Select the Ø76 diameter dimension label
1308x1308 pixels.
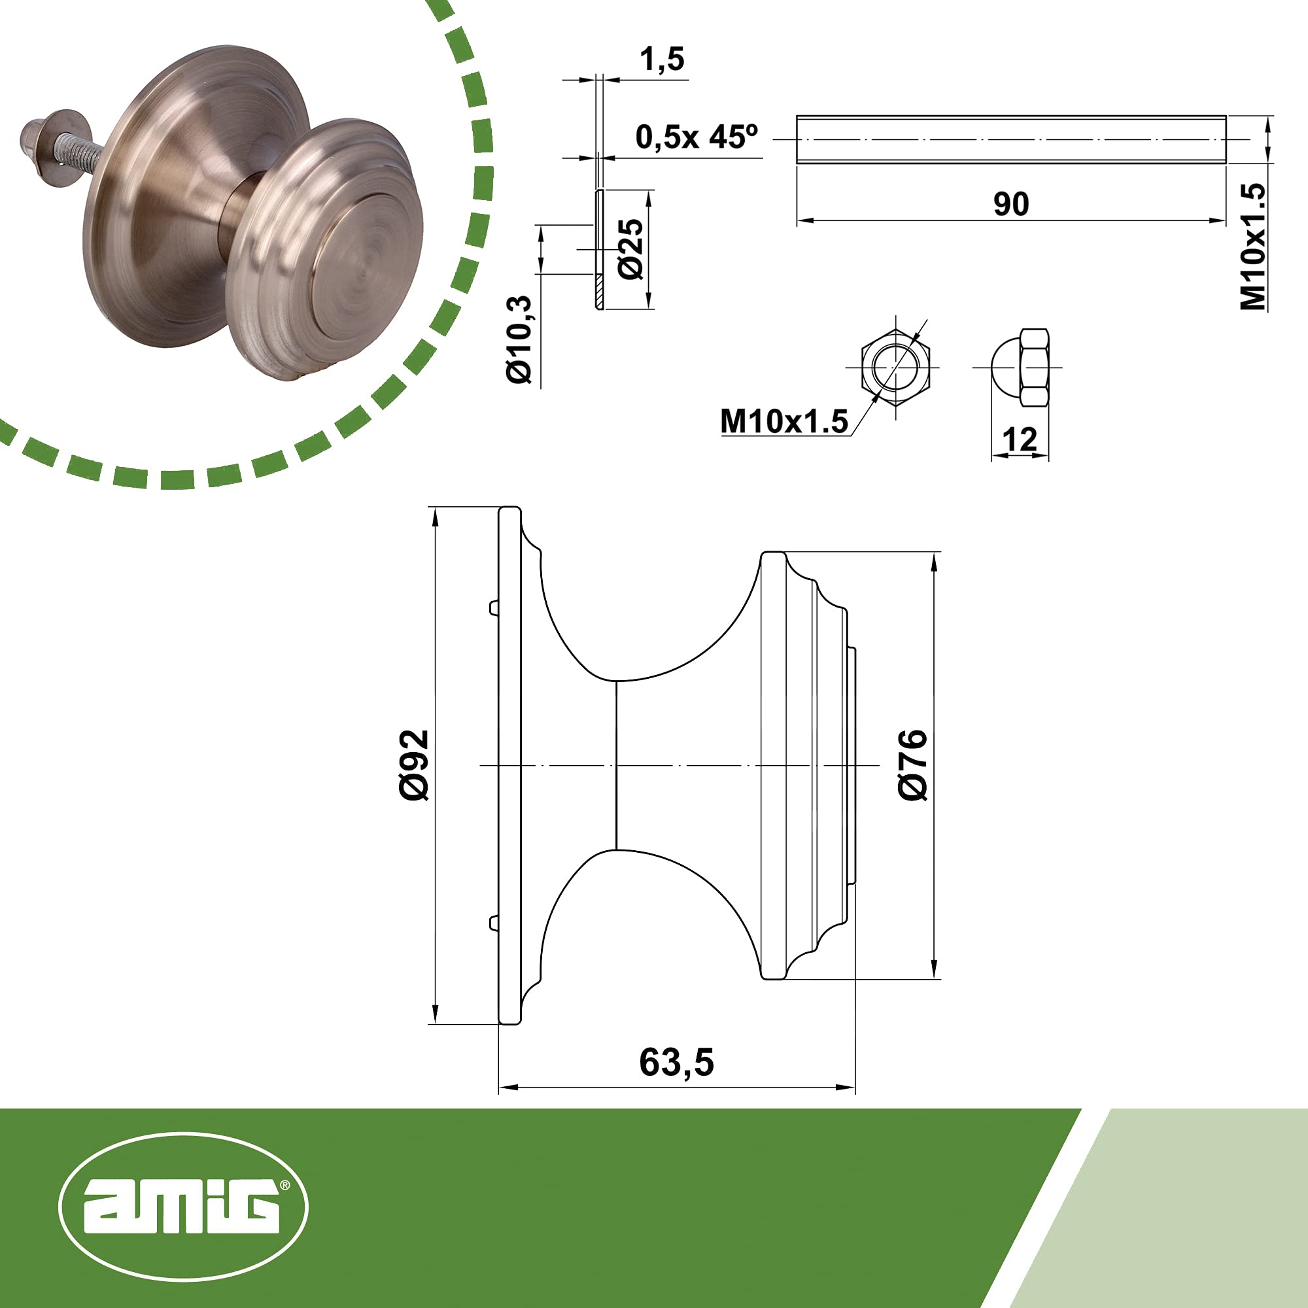[912, 765]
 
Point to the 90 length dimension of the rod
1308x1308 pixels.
[1011, 204]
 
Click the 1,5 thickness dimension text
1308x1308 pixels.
[662, 60]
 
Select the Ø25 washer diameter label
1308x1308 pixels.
[631, 249]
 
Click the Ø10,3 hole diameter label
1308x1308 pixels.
[521, 340]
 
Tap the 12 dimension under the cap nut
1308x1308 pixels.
[1019, 440]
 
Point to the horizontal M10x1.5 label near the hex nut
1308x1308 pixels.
[784, 421]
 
